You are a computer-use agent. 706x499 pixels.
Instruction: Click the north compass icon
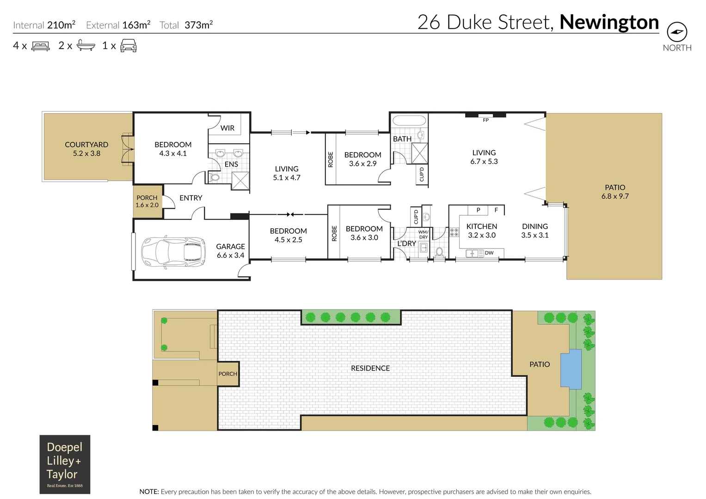click(677, 32)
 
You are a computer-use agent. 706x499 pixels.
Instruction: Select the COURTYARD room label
click(86, 145)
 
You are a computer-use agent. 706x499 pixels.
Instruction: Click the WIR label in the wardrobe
click(227, 128)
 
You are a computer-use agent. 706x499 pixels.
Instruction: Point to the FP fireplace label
click(485, 120)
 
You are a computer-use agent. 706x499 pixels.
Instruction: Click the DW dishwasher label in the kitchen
click(489, 253)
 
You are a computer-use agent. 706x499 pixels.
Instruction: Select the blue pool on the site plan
click(571, 369)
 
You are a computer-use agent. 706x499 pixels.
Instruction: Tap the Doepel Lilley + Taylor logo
click(65, 464)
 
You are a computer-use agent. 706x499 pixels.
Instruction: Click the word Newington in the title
click(609, 22)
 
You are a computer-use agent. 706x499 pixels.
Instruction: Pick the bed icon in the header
click(40, 46)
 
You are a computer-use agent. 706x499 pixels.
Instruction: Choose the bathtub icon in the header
click(86, 45)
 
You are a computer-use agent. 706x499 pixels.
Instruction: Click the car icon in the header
click(129, 45)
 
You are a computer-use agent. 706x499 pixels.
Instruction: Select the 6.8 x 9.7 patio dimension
click(615, 196)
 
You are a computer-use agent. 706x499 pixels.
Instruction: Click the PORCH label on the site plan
click(227, 374)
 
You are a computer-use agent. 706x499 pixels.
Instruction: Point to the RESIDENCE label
click(370, 368)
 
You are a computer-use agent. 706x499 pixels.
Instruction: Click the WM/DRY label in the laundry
click(423, 235)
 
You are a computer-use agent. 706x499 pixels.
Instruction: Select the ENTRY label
click(190, 198)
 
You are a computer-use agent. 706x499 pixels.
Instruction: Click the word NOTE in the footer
click(149, 492)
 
